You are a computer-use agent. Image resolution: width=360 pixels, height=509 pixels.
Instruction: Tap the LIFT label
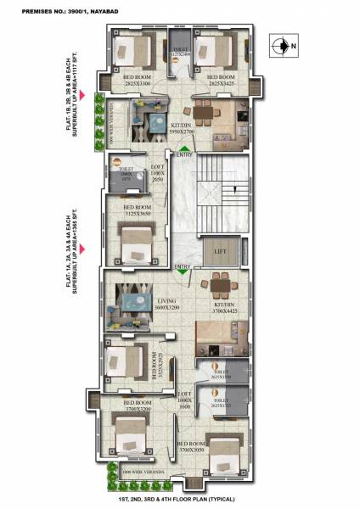[220, 252]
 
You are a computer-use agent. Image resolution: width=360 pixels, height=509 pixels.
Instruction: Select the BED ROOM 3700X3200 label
[138, 406]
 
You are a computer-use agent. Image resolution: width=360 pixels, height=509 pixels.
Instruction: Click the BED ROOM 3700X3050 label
[192, 447]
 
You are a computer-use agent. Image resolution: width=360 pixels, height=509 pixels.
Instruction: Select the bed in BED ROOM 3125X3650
[137, 246]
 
